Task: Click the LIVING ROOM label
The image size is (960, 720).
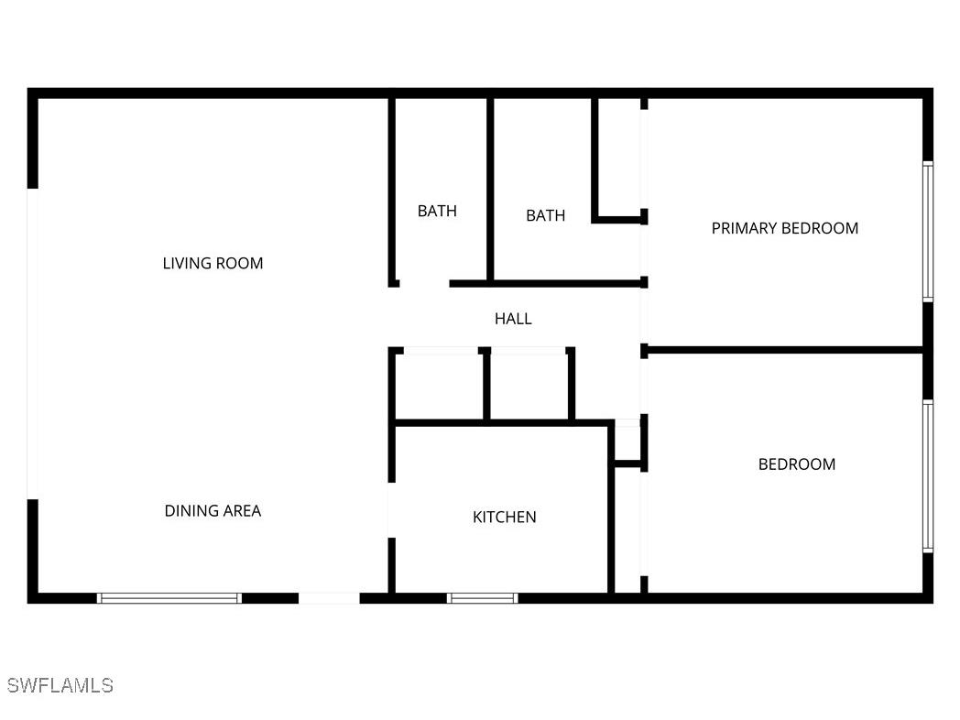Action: (213, 264)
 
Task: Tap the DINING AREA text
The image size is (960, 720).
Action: (213, 511)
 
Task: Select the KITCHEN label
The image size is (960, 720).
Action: (504, 518)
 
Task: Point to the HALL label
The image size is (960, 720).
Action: (513, 319)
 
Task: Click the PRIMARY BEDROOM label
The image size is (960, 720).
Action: (785, 228)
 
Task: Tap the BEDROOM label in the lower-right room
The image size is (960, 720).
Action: (797, 464)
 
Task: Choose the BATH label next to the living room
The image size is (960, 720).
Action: (437, 212)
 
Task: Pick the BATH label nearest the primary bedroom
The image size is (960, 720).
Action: (545, 216)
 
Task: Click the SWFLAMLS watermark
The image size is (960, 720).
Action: (60, 685)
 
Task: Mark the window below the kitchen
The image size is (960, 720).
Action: (482, 598)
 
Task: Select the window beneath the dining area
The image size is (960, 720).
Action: (169, 598)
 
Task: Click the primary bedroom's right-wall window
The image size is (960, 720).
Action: (927, 232)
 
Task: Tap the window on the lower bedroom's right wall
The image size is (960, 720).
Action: (927, 476)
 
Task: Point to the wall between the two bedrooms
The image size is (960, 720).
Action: (783, 349)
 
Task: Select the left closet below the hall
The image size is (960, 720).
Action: (439, 386)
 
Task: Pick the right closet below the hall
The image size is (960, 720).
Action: (528, 386)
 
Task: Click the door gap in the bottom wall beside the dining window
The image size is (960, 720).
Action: (329, 598)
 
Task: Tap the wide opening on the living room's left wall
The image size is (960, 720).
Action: (33, 344)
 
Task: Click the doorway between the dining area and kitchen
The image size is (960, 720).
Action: (391, 509)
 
